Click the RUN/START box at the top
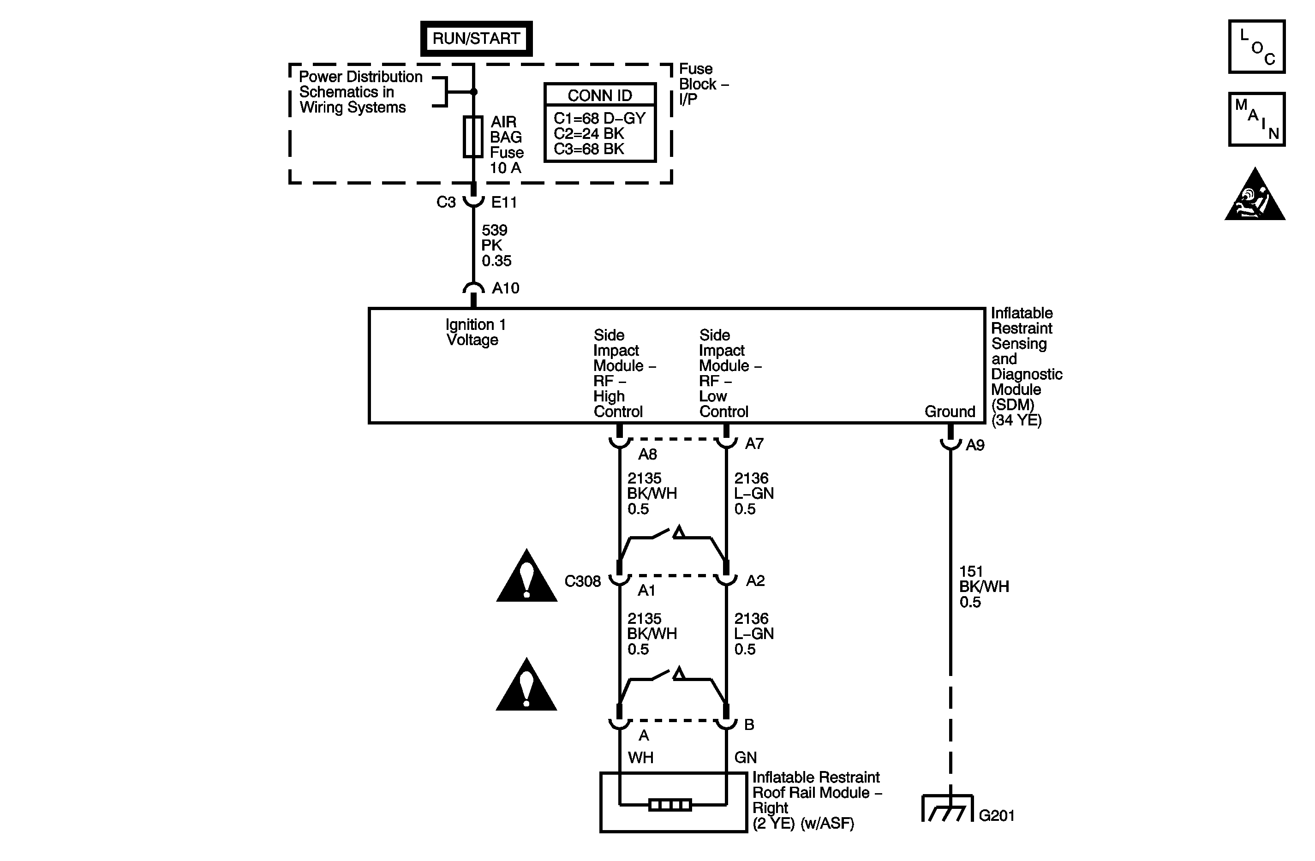(x=476, y=39)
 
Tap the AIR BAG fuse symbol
(x=473, y=137)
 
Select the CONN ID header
(x=599, y=96)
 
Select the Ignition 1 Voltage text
(x=475, y=332)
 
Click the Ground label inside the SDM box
(x=949, y=412)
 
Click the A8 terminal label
(x=647, y=454)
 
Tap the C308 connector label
(x=582, y=581)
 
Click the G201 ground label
(x=996, y=816)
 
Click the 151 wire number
(x=971, y=571)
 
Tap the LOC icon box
(x=1256, y=47)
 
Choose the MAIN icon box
(x=1256, y=120)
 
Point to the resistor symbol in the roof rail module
(x=669, y=805)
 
